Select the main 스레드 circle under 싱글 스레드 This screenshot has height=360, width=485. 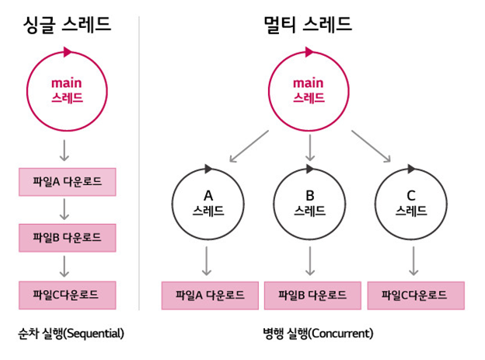pos(67,91)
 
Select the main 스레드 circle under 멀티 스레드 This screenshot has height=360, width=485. pos(308,91)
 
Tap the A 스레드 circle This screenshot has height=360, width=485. pos(208,202)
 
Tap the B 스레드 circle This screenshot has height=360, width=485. pos(310,202)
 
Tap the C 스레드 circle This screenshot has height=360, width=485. pos(412,202)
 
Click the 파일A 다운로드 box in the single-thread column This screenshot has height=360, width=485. pos(67,182)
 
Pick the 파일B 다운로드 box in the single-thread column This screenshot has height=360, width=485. pos(67,238)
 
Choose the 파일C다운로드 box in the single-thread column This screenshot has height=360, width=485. pos(67,295)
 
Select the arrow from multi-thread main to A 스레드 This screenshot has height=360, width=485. pos(248,146)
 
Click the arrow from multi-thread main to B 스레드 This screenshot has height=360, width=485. pos(310,146)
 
